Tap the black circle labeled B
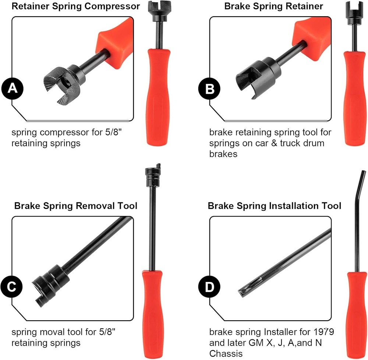click(209, 88)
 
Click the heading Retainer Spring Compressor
click(76, 6)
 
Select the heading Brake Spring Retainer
click(273, 6)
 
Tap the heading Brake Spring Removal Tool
click(76, 205)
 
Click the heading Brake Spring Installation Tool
click(275, 205)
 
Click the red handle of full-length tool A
click(158, 96)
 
